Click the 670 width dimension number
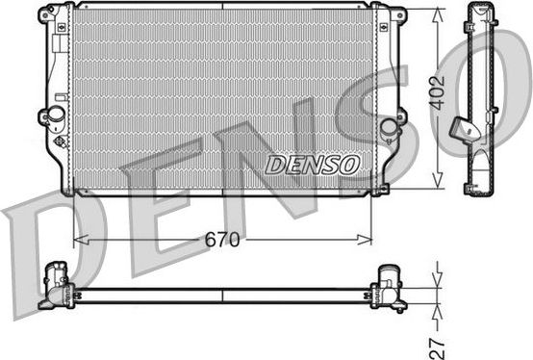pyautogui.click(x=221, y=239)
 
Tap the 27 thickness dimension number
pyautogui.click(x=439, y=339)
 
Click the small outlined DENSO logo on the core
pyautogui.click(x=312, y=165)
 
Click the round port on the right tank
pyautogui.click(x=389, y=127)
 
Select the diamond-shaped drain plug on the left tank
pyautogui.click(x=62, y=142)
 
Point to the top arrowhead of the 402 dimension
pyautogui.click(x=439, y=12)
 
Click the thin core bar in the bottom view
pyautogui.click(x=221, y=293)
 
